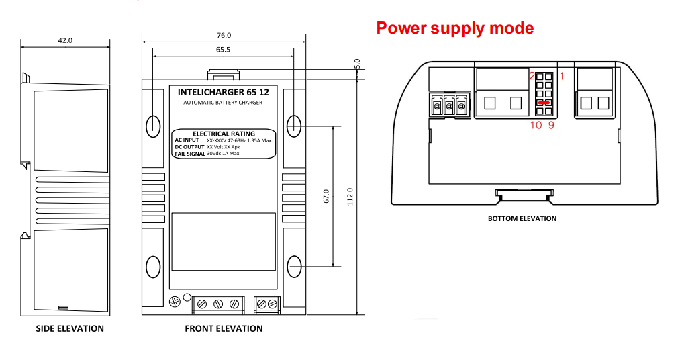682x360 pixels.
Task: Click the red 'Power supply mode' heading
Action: (455, 28)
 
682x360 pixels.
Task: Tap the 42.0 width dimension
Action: (65, 40)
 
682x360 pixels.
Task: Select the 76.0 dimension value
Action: (224, 35)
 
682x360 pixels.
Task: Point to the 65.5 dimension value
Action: (223, 50)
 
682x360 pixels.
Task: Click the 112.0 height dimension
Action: (350, 197)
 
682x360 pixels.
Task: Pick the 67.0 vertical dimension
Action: (326, 196)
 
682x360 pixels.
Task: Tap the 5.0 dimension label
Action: (358, 64)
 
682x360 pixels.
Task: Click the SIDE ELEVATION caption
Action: (70, 328)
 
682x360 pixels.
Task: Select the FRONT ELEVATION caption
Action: (224, 328)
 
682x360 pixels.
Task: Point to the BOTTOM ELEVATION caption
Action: (522, 218)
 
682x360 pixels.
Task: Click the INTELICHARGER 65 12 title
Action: (223, 92)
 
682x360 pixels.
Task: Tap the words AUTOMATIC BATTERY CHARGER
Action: (223, 103)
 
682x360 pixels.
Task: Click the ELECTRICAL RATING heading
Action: (224, 134)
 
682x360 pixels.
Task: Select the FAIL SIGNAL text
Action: (190, 154)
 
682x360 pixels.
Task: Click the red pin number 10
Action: (536, 126)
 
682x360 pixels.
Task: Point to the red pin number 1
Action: (562, 76)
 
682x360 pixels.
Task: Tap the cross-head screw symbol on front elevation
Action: (175, 302)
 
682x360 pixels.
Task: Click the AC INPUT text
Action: (187, 140)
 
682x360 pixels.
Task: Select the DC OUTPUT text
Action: (190, 147)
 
